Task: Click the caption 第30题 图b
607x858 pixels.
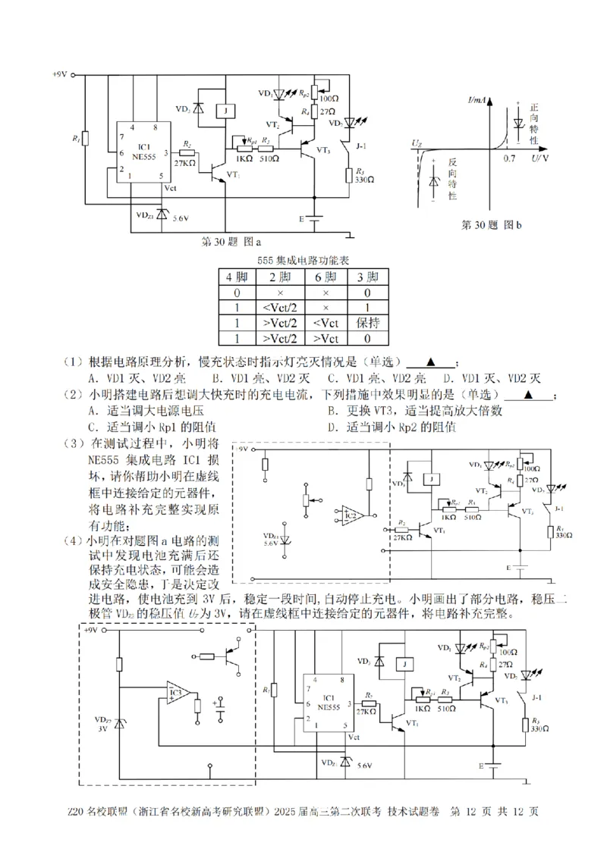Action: [491, 225]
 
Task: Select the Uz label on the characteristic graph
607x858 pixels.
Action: [417, 142]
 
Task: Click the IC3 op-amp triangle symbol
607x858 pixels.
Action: [179, 692]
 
